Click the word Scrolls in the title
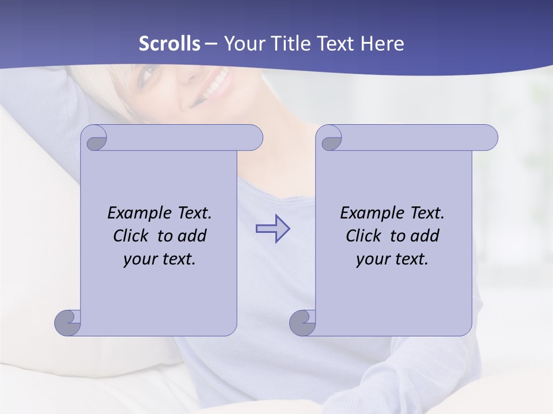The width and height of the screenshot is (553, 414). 169,44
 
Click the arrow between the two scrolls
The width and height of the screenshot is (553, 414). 272,228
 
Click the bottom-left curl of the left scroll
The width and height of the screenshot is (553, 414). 67,323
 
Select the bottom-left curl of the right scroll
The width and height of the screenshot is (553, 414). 302,323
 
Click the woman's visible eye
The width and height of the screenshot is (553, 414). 149,74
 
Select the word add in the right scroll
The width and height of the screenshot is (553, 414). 425,236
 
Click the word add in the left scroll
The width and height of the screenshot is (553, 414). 192,236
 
